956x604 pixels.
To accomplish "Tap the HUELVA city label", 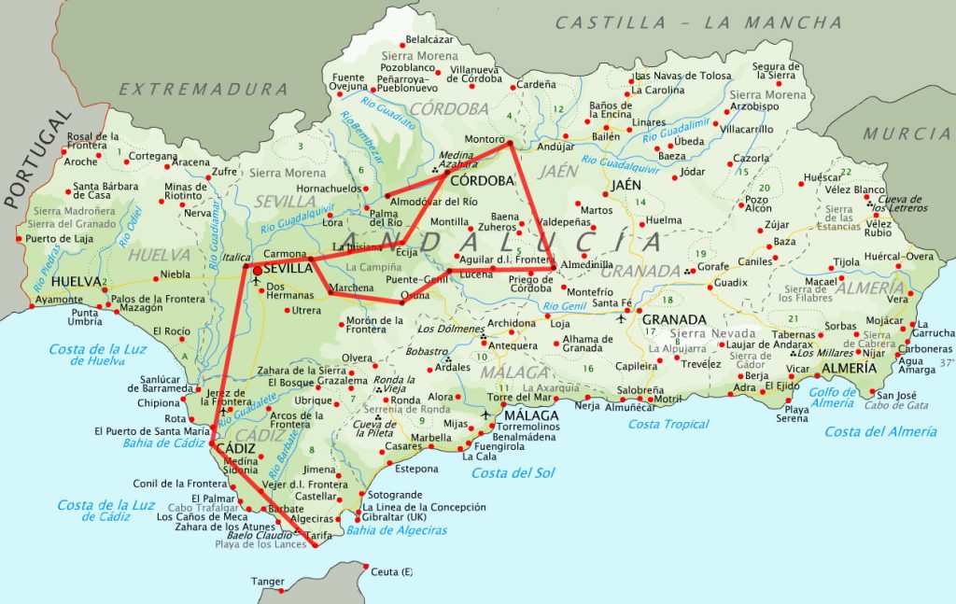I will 77,281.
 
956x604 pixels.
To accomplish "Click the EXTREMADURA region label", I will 204,90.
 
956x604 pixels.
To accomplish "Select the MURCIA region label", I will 906,134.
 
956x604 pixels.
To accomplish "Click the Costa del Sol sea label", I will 513,473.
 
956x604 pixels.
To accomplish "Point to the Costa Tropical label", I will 668,425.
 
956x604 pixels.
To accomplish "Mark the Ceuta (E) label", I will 391,572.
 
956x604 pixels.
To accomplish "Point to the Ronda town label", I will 405,400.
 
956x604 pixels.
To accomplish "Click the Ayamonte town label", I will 59,300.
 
